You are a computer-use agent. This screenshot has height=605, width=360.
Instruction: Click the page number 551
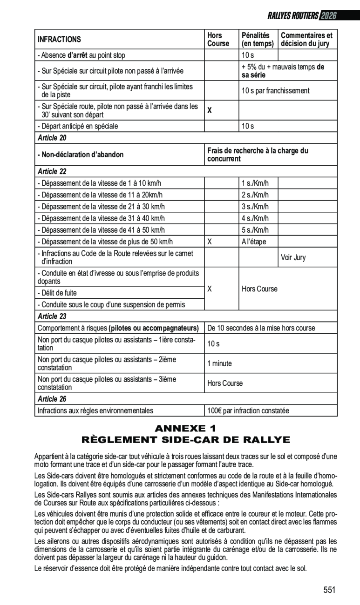point(329,590)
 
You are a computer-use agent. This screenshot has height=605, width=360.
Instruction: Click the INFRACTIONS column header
point(59,40)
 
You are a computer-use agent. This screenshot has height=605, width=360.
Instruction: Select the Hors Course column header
point(218,40)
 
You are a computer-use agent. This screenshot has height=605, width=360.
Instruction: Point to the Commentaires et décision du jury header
point(306,40)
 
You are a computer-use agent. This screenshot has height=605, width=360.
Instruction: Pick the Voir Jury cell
point(293,257)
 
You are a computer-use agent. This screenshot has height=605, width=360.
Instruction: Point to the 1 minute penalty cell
point(219,363)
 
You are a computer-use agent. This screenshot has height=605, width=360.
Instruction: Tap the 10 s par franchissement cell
point(275,91)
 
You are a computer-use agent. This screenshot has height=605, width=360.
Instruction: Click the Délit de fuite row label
point(57,293)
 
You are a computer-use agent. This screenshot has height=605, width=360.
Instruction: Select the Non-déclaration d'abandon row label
point(81,155)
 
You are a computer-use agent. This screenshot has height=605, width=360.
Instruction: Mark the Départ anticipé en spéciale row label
point(78,126)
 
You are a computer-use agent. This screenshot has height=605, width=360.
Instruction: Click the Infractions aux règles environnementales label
point(95,411)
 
